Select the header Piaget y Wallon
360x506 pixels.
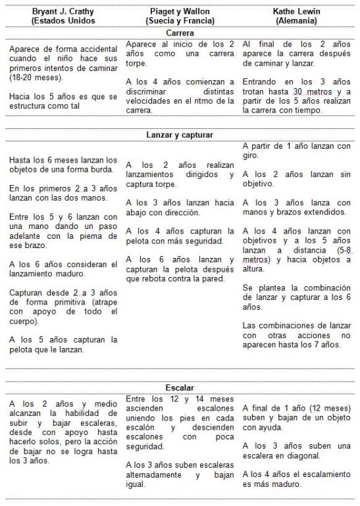[x=179, y=11]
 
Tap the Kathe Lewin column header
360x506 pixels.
[x=295, y=11]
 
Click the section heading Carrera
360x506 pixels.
[x=180, y=32]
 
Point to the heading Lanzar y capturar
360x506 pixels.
[x=180, y=135]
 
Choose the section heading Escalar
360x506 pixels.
[x=180, y=388]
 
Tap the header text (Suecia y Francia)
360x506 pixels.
[x=179, y=20]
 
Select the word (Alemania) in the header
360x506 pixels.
[x=295, y=20]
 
